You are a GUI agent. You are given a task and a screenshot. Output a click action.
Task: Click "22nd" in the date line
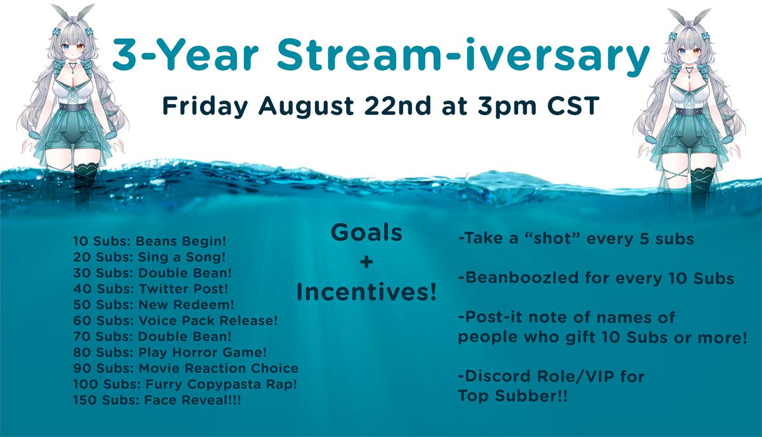(x=395, y=105)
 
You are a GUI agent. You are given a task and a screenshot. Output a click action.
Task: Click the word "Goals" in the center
(x=366, y=233)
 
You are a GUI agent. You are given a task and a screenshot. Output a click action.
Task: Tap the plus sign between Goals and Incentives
(x=366, y=262)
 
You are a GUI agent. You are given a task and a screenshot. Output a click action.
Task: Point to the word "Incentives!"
(x=366, y=292)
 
